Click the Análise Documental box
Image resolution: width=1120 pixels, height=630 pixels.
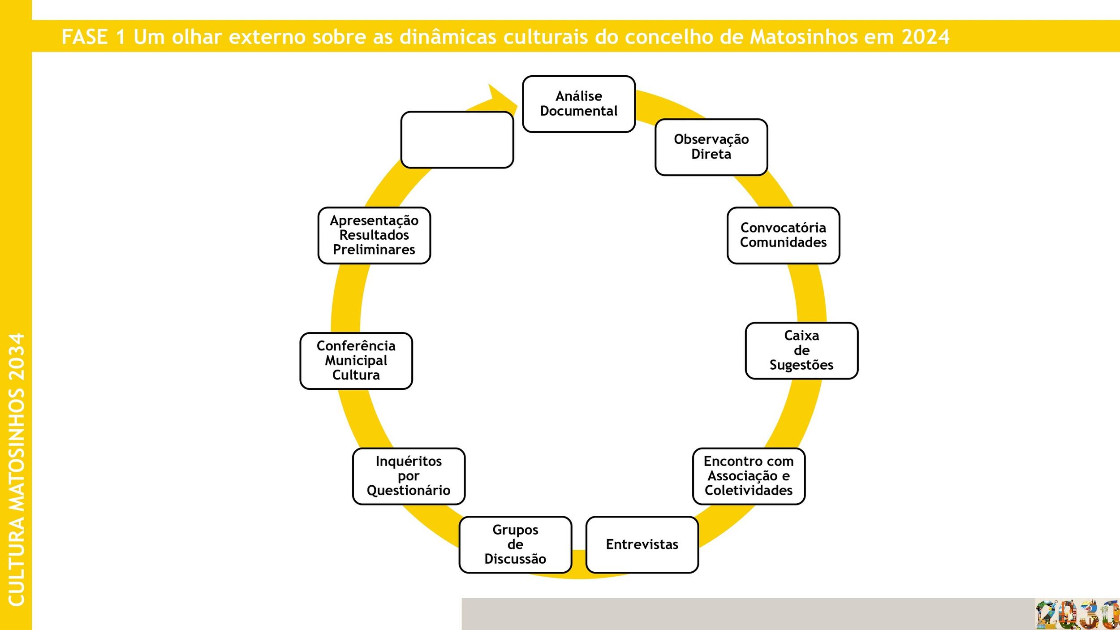pyautogui.click(x=579, y=104)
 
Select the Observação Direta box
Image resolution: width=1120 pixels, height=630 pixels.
pyautogui.click(x=711, y=147)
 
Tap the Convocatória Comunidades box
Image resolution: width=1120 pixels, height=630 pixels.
pyautogui.click(x=783, y=235)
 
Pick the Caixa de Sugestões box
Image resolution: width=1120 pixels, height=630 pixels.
pyautogui.click(x=801, y=350)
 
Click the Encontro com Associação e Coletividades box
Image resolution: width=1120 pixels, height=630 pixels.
pyautogui.click(x=749, y=476)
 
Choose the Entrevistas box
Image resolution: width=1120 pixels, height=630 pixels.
pyautogui.click(x=642, y=544)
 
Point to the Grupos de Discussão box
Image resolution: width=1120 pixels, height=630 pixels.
pyautogui.click(x=515, y=544)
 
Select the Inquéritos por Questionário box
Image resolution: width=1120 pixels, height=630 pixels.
pyautogui.click(x=409, y=476)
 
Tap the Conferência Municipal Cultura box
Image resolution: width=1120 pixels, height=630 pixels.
pyautogui.click(x=356, y=361)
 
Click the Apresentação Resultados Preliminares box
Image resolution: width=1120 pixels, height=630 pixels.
pyautogui.click(x=374, y=235)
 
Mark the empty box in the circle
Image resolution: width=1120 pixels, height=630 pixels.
pyautogui.click(x=457, y=140)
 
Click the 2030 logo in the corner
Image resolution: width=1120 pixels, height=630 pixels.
pyautogui.click(x=1077, y=614)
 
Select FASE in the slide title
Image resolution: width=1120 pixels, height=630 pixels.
pyautogui.click(x=85, y=37)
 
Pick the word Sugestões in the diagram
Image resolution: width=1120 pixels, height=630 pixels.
pyautogui.click(x=801, y=365)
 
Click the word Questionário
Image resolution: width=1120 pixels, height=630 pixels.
pyautogui.click(x=409, y=491)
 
